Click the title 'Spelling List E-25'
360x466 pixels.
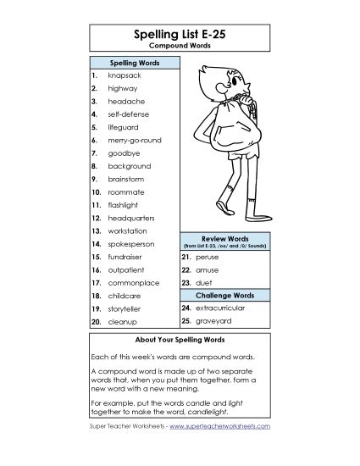(x=180, y=35)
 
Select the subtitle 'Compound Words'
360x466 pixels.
(x=180, y=47)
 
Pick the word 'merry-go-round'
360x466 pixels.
(x=134, y=139)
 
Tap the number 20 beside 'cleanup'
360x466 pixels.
(x=96, y=322)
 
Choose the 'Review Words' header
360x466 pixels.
(x=224, y=239)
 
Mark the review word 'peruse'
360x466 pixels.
(x=207, y=255)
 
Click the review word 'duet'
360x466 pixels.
(x=203, y=281)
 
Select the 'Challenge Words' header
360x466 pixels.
(x=224, y=295)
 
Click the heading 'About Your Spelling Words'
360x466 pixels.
(x=180, y=339)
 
